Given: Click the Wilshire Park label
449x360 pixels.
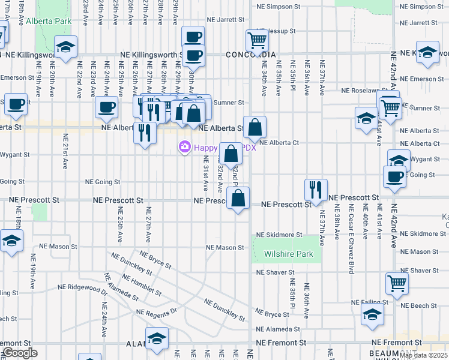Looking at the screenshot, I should click(289, 254).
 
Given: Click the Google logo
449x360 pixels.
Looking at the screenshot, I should click(20, 353).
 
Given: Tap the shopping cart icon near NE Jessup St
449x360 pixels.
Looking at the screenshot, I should click(257, 41).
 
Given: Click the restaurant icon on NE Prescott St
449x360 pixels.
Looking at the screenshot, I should click(316, 190).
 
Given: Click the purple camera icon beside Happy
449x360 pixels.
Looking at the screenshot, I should click(184, 146).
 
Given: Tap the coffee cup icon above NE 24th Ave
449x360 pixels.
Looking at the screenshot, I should click(107, 107).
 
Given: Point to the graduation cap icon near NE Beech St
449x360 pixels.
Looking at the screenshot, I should click(373, 315).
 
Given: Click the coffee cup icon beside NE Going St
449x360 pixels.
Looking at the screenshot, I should click(394, 177).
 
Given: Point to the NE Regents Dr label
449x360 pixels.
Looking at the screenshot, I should click(157, 313).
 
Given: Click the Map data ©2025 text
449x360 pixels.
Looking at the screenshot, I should click(424, 355).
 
